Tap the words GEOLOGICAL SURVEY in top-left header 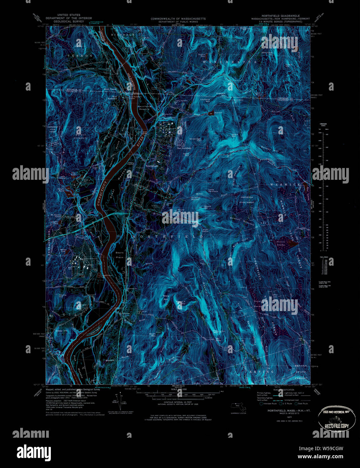pos(69,21)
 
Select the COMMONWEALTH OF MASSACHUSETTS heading pos(178,19)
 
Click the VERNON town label pos(79,55)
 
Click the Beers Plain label pos(120,255)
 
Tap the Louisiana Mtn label pos(205,100)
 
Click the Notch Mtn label pos(234,136)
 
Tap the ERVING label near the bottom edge pos(261,372)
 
